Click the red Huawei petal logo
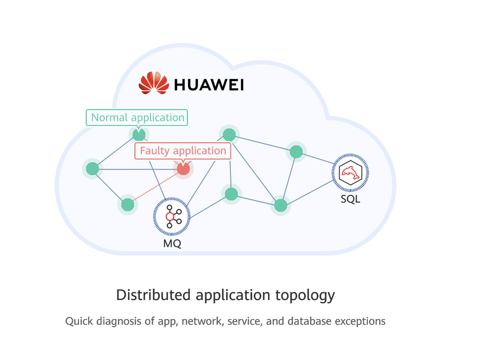[154, 83]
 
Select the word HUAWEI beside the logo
[209, 85]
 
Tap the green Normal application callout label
[137, 117]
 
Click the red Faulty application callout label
[182, 151]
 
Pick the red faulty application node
[183, 169]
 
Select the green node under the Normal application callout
[139, 135]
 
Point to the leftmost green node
[92, 169]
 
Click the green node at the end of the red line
[127, 205]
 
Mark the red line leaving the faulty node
[156, 187]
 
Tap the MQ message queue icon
[171, 217]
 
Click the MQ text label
[172, 244]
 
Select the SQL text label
[350, 198]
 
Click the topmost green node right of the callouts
[229, 135]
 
